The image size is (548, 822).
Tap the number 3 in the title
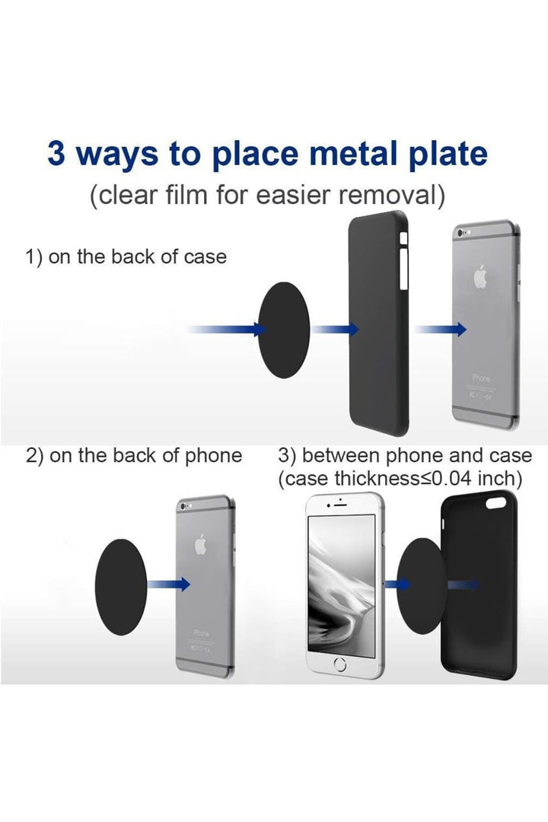pos(56,153)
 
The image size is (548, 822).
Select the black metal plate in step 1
pos(288,329)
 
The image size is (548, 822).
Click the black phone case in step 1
pos(378,327)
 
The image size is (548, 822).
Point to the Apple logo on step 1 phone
pos(480,279)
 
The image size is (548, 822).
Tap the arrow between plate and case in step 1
pos(336,329)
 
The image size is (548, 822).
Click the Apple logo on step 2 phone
pos(202,545)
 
